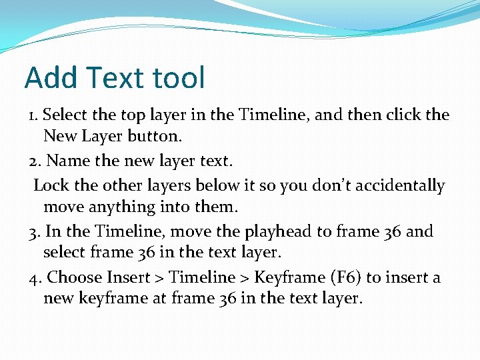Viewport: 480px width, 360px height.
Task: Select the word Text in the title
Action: [x=112, y=78]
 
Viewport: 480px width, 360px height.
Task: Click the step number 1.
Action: [x=33, y=115]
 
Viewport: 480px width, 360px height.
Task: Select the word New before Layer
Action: [x=59, y=137]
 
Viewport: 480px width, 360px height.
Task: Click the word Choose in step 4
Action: [x=74, y=277]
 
